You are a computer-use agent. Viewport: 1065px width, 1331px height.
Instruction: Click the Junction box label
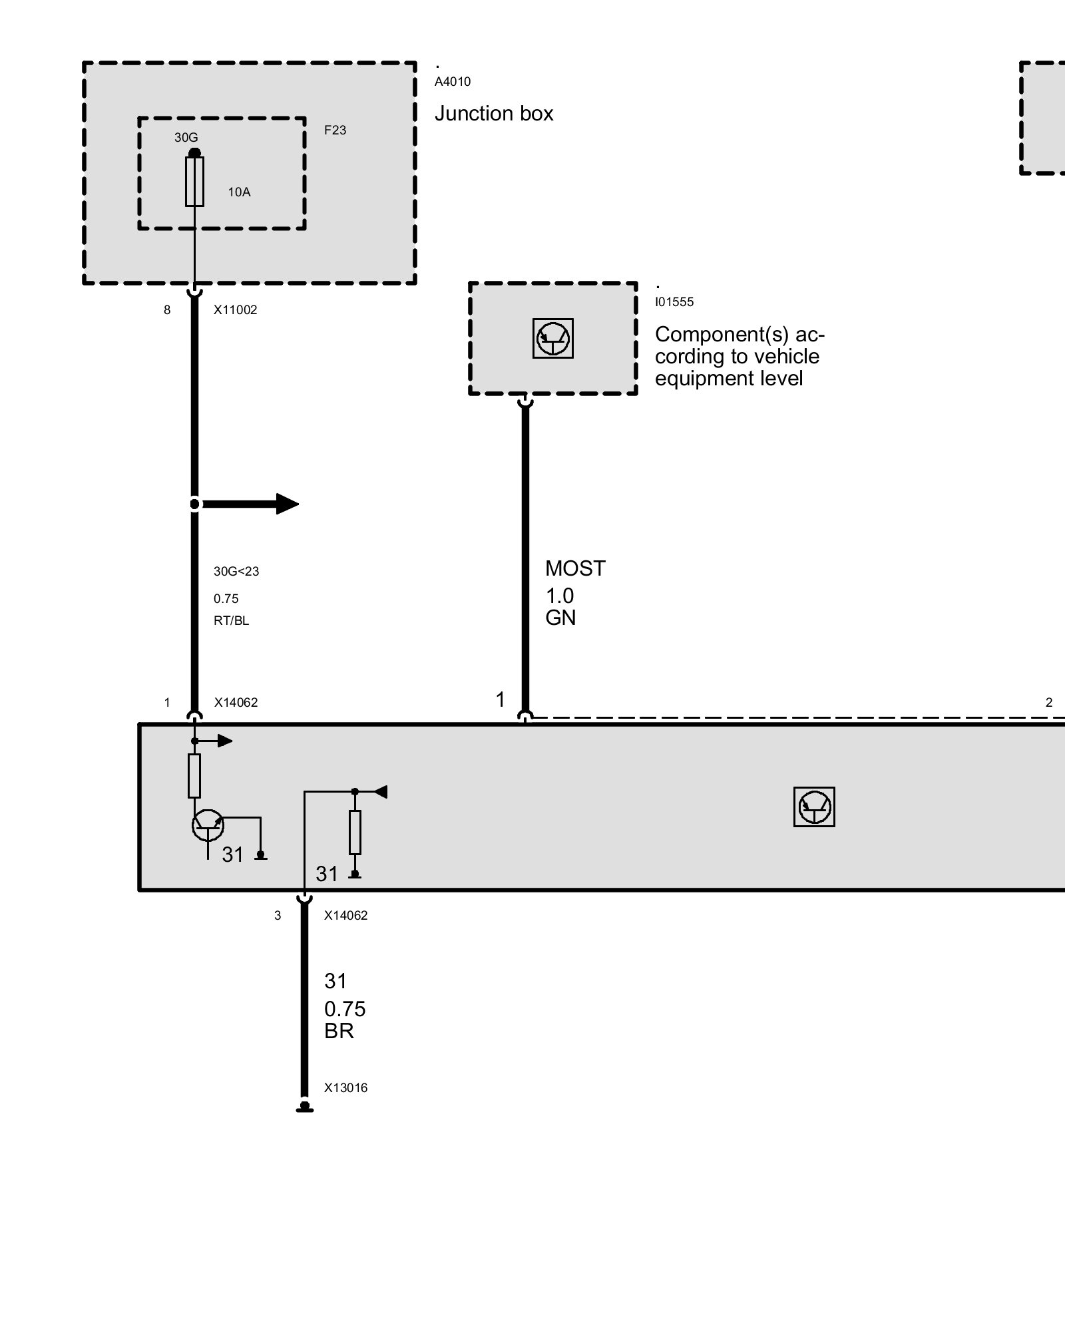494,114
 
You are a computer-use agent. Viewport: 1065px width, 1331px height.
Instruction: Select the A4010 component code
453,82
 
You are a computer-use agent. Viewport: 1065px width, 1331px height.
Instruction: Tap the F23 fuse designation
335,130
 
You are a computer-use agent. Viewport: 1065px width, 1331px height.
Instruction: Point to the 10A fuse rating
239,192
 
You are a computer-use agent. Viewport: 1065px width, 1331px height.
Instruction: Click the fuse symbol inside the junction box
194,181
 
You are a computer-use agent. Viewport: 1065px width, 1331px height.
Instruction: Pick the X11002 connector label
235,309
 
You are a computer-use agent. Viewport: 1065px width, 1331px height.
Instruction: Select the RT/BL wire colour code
231,621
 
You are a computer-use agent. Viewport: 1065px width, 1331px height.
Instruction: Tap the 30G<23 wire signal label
236,572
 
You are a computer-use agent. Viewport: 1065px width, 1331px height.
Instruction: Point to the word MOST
575,568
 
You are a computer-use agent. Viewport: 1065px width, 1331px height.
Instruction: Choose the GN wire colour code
560,618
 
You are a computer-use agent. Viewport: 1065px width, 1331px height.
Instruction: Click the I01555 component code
674,302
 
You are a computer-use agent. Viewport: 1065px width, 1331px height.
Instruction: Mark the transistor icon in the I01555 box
553,338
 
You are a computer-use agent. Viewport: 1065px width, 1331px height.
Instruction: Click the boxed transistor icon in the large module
814,807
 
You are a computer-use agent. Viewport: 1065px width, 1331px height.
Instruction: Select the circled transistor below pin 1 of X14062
208,826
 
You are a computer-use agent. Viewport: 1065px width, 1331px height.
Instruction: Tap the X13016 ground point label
345,1088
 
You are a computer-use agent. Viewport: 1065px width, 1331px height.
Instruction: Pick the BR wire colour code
339,1031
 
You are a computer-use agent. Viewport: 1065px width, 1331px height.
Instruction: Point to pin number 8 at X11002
167,309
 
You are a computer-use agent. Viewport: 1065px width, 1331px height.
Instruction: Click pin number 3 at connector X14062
278,916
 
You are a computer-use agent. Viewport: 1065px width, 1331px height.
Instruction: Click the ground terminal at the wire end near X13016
304,1107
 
